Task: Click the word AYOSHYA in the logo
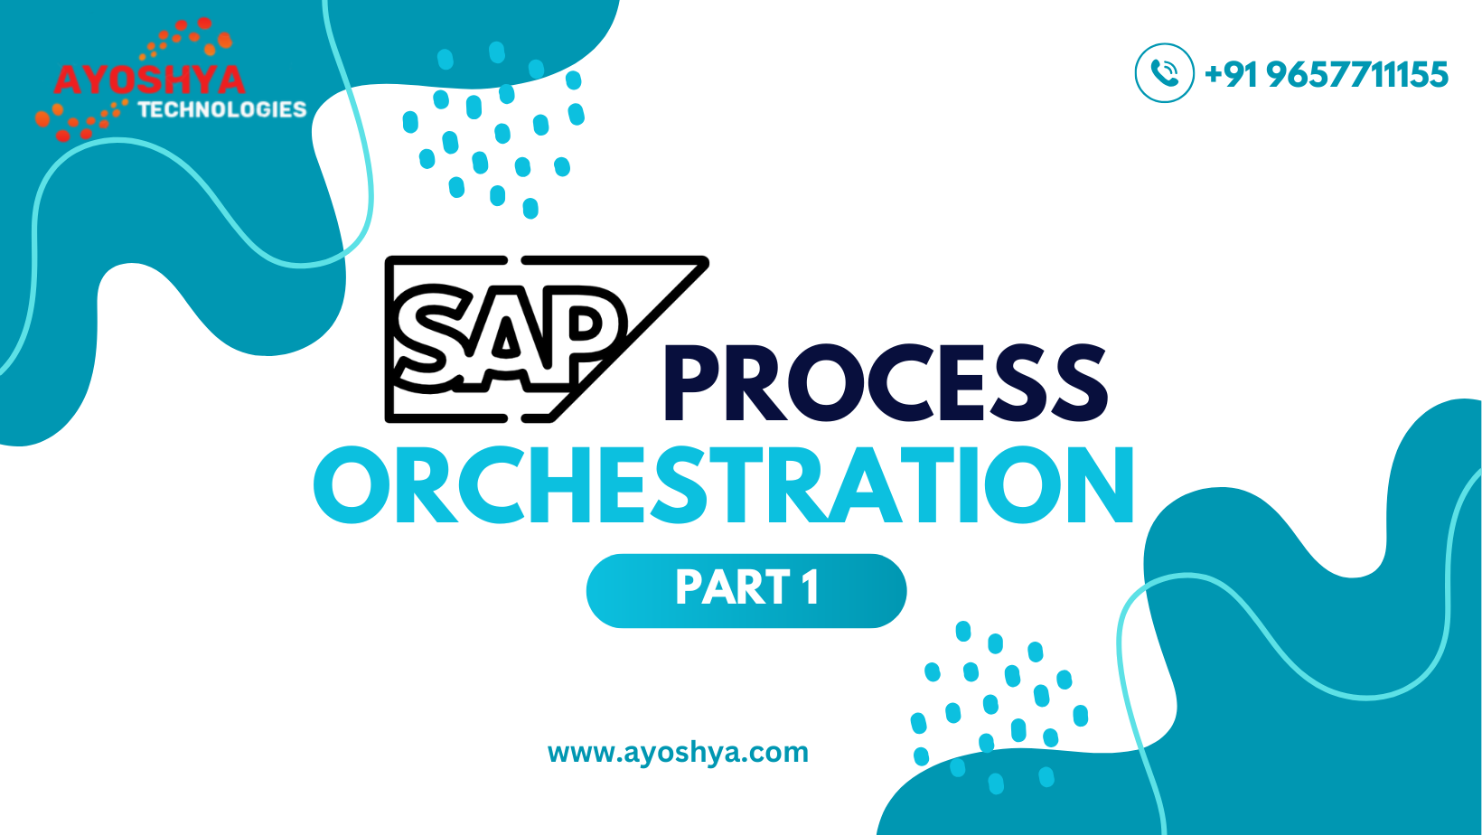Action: pyautogui.click(x=149, y=80)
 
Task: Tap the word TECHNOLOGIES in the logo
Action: pyautogui.click(x=222, y=109)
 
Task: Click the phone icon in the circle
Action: pyautogui.click(x=1165, y=73)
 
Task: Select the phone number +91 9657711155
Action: pyautogui.click(x=1326, y=73)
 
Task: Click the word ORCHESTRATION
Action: pyautogui.click(x=724, y=485)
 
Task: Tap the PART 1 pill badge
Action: pyautogui.click(x=746, y=590)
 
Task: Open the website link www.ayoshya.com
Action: pyautogui.click(x=678, y=753)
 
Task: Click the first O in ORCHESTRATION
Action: pyautogui.click(x=352, y=485)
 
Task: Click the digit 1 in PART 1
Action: pyautogui.click(x=811, y=586)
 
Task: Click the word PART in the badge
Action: pyautogui.click(x=733, y=586)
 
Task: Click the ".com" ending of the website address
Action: pyautogui.click(x=776, y=753)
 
